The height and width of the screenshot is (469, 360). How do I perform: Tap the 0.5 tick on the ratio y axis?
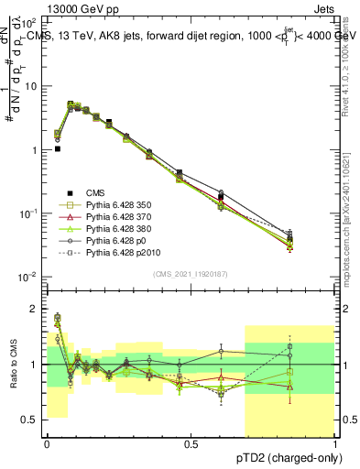click(x=32, y=420)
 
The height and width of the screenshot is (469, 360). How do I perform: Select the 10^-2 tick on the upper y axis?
click(x=29, y=277)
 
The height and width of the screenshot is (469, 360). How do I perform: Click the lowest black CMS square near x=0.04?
click(x=57, y=148)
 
